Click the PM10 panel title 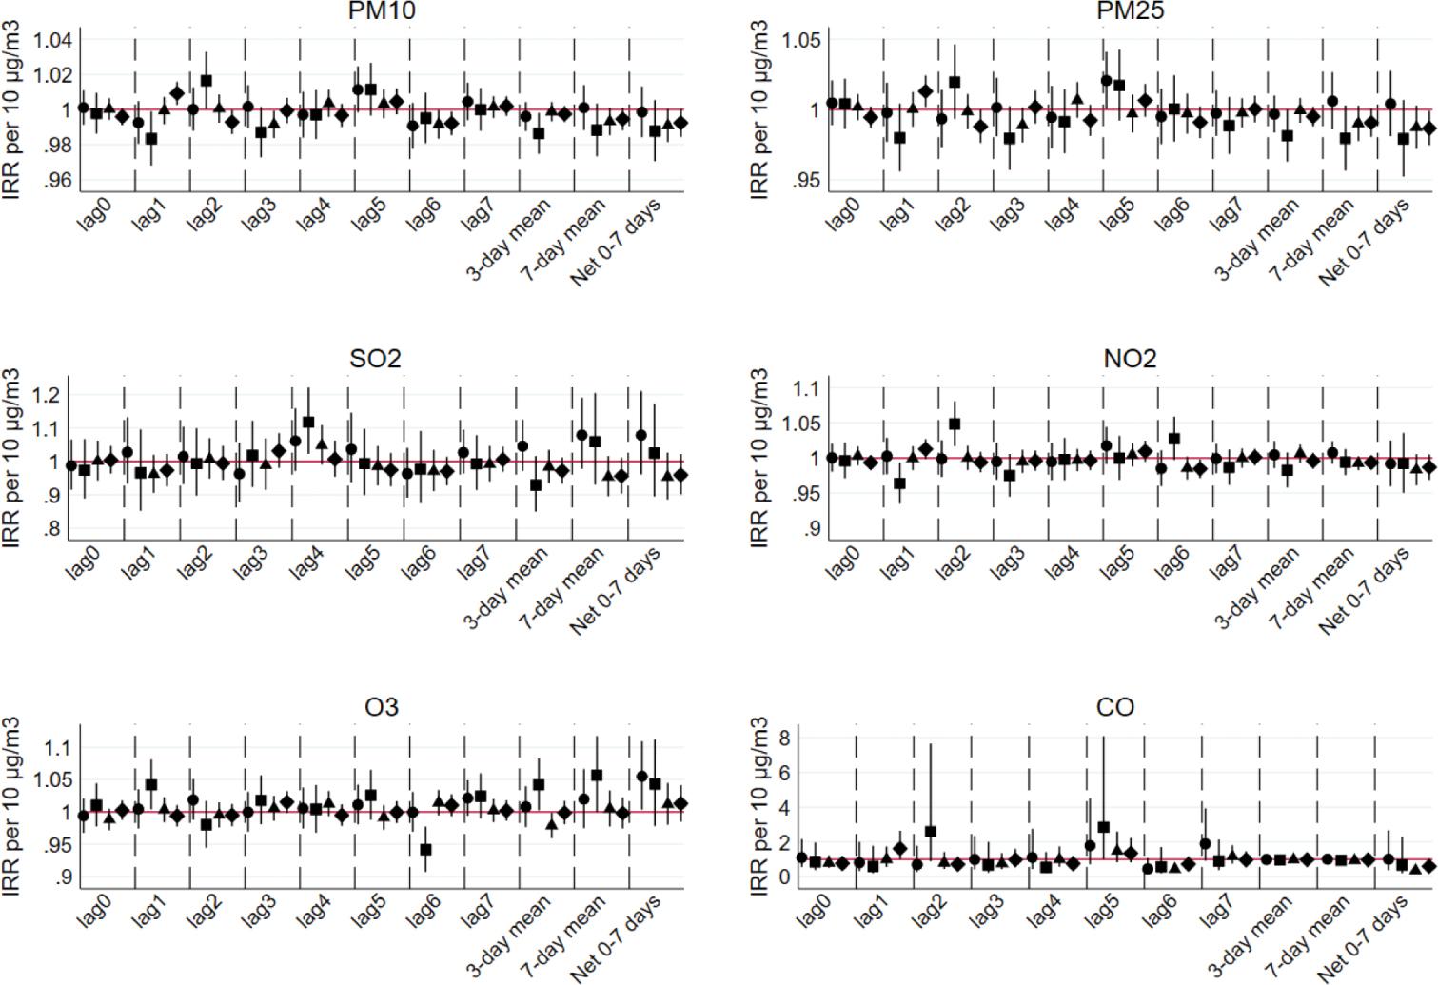click(381, 10)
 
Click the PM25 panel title click(1130, 10)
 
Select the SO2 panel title click(375, 359)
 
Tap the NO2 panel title click(1130, 359)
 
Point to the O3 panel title click(381, 707)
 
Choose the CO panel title click(1114, 707)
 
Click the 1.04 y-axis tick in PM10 click(52, 40)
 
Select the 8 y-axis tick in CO click(784, 738)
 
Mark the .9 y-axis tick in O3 click(62, 877)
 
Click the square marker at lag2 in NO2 click(955, 424)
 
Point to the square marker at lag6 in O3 click(425, 849)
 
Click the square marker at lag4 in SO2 click(308, 422)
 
